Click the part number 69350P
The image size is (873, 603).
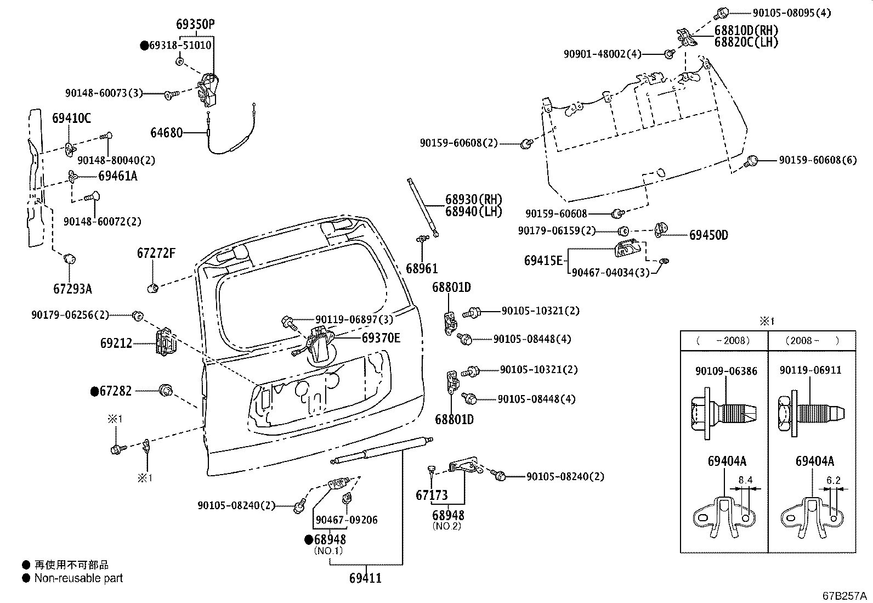coord(195,24)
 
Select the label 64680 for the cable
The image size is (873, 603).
coord(166,133)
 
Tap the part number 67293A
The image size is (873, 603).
coord(72,289)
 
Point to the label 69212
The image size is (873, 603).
coord(116,344)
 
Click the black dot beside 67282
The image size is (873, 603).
coord(94,391)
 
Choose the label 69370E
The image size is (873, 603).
coord(381,338)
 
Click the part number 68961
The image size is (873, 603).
coord(422,269)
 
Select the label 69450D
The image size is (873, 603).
coord(708,235)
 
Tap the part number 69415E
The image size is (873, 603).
coord(543,260)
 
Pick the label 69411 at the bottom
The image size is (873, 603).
coord(365,578)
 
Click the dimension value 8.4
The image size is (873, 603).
coord(745,480)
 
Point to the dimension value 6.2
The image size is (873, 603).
coord(833,480)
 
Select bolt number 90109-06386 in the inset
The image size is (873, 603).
coord(726,371)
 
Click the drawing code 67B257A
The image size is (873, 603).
coord(844,596)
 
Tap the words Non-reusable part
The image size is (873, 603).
coord(78,578)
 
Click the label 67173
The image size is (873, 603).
coord(432,495)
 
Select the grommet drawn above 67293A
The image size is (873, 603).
coord(70,258)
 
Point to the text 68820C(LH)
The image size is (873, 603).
coord(746,42)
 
